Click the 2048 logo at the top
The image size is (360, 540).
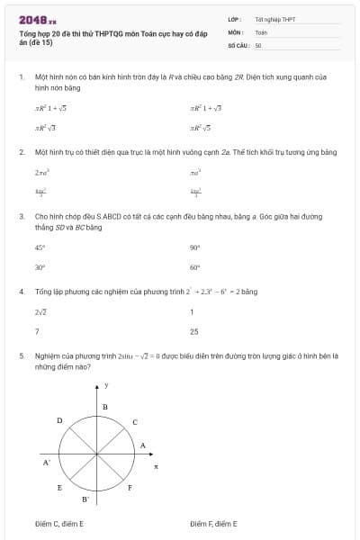point(37,19)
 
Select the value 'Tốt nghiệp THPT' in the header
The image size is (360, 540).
point(274,19)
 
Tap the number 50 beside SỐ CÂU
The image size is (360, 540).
point(258,44)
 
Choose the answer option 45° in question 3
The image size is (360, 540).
point(40,247)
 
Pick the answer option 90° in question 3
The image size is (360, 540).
point(194,247)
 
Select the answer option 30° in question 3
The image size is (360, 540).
point(40,267)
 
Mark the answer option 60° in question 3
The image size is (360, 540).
point(194,267)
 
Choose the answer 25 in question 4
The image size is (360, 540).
point(194,331)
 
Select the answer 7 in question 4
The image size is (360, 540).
point(37,331)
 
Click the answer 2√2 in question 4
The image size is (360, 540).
point(40,311)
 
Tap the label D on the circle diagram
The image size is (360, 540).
point(59,420)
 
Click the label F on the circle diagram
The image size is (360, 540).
point(130,487)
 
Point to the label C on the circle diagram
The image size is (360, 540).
point(135,421)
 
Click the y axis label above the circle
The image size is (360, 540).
point(106,385)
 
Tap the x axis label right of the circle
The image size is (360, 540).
point(155,466)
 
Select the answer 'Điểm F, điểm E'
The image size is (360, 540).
point(213,522)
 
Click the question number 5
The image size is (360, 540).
point(21,355)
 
